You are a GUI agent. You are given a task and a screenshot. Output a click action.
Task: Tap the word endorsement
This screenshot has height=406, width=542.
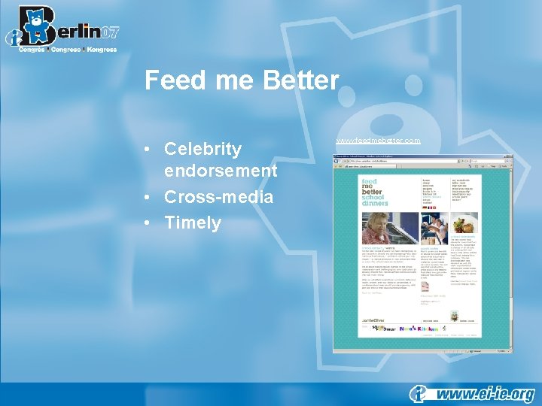221,171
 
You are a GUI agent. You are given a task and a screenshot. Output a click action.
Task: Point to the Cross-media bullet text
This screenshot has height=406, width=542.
219,197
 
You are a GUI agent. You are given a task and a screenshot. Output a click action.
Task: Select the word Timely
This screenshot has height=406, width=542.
193,223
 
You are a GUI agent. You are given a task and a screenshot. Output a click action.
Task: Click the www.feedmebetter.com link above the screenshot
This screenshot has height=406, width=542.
378,141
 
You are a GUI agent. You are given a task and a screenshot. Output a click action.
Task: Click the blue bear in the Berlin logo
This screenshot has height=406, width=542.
35,23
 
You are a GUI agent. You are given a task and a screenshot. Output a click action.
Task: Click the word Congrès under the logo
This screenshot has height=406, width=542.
32,50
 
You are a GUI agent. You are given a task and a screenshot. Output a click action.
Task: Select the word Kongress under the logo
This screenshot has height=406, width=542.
102,50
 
